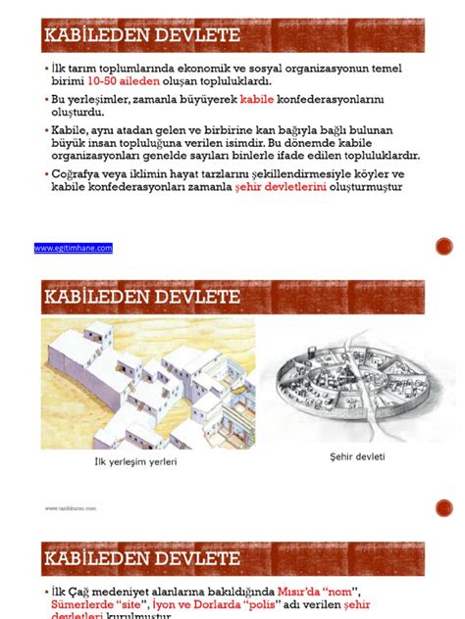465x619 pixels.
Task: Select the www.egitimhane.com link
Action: tap(74, 248)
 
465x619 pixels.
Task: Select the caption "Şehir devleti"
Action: tap(358, 456)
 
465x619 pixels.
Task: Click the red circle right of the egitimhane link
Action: tap(443, 248)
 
